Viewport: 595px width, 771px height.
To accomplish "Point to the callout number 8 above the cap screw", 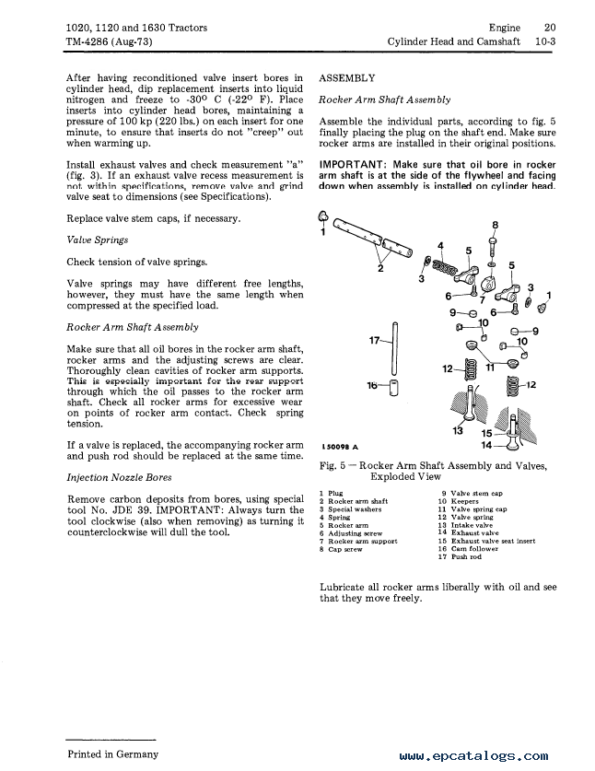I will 496,225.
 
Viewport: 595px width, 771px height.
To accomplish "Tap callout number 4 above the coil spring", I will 440,245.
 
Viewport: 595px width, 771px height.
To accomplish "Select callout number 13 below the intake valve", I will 458,430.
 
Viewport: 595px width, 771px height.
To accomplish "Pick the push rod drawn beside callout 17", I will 393,350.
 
